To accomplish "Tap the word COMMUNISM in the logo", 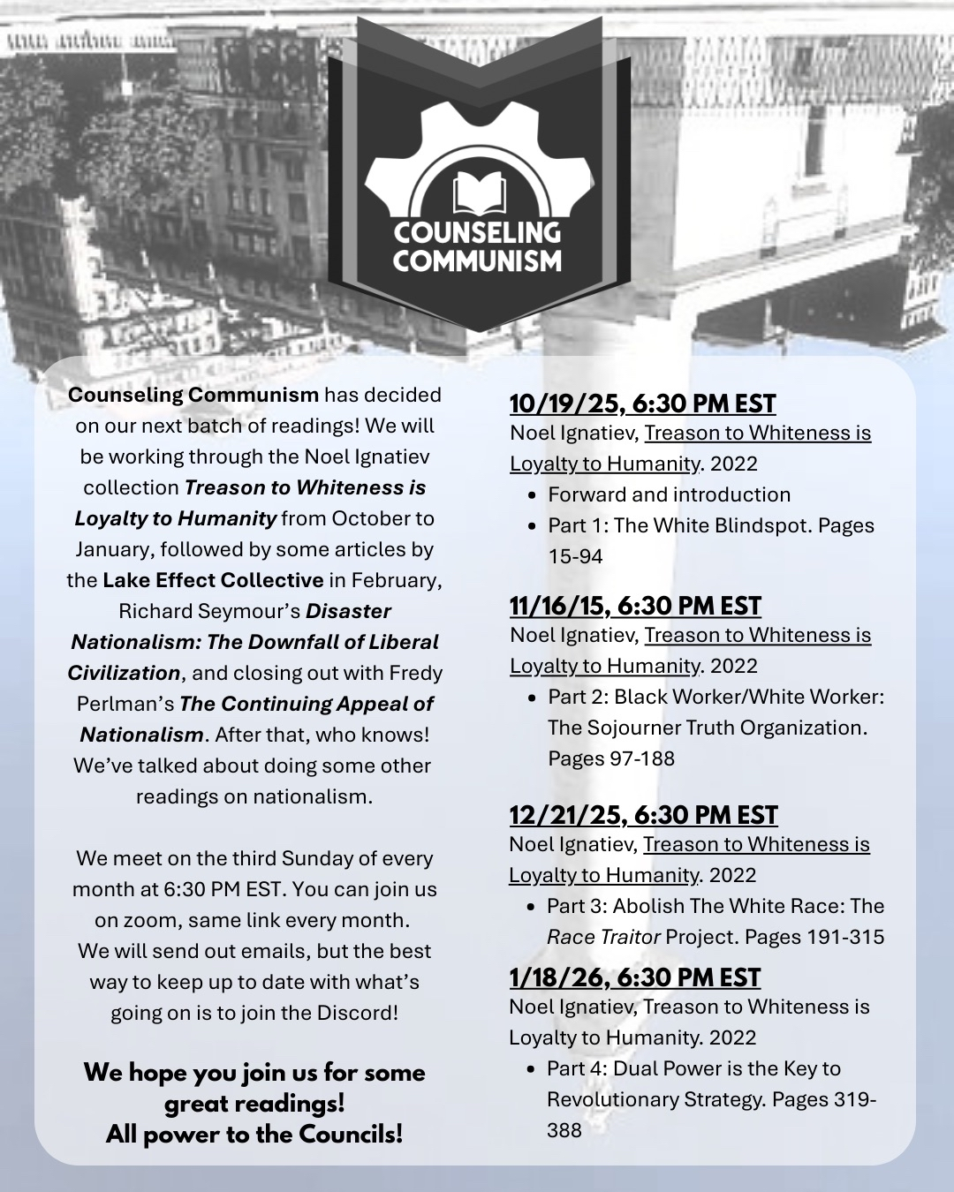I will [x=477, y=260].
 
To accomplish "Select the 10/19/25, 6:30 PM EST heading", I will [x=642, y=404].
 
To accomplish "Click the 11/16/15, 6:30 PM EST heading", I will [x=635, y=606].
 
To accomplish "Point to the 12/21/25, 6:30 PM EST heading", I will [x=643, y=815].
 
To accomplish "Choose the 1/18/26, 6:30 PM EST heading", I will [x=634, y=977].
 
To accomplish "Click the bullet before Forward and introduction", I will [x=532, y=495].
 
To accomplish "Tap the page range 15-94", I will [x=575, y=556].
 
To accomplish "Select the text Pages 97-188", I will [x=611, y=758].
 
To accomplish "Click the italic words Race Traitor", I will [x=603, y=937].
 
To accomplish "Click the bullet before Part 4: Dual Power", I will [x=531, y=1069].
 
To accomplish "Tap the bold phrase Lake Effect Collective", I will [x=213, y=580].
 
